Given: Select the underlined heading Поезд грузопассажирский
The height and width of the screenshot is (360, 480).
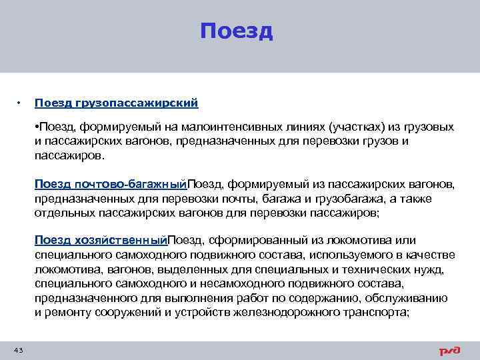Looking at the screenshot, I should click(x=117, y=103).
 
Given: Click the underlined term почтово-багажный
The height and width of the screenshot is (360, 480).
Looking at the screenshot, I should click(x=126, y=184).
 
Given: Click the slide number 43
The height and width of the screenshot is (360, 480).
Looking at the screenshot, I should click(x=18, y=350).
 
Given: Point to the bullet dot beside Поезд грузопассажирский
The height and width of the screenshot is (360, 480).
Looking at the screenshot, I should click(x=19, y=103).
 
